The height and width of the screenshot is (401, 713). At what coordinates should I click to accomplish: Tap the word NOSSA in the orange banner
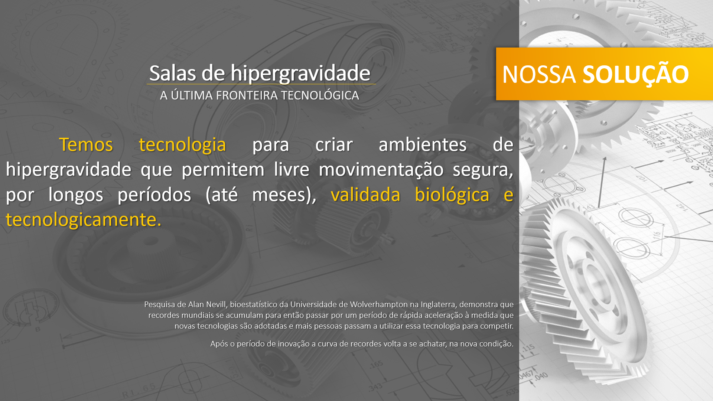click(x=539, y=75)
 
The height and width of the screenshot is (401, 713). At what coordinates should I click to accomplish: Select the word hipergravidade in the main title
click(x=300, y=74)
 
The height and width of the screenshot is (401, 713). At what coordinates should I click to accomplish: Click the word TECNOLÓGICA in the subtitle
click(x=320, y=95)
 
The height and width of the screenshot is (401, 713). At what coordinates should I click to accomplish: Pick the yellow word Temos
click(x=86, y=144)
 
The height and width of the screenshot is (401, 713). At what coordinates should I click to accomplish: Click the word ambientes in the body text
click(x=423, y=144)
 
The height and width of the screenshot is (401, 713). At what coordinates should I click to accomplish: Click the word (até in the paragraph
click(x=222, y=195)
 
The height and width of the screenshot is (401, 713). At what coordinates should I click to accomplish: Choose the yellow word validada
click(x=365, y=195)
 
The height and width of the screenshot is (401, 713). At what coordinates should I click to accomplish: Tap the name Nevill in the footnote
click(x=216, y=304)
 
